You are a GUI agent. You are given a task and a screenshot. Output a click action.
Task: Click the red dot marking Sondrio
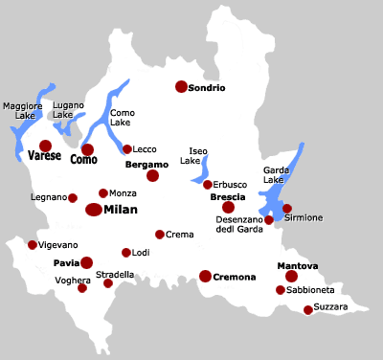click(x=181, y=87)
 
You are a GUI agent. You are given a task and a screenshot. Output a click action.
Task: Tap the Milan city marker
click(x=94, y=210)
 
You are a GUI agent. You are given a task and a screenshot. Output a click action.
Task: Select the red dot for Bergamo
click(x=152, y=176)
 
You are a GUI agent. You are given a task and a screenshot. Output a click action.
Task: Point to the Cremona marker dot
click(x=205, y=276)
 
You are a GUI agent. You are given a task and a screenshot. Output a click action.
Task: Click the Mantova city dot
click(x=291, y=276)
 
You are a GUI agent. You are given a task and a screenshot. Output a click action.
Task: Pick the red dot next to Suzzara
click(x=308, y=309)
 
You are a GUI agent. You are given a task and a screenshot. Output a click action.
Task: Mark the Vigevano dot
click(x=33, y=245)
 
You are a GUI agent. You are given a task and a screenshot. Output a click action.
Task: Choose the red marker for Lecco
click(x=127, y=149)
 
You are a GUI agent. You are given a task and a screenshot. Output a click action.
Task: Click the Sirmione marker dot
click(x=286, y=208)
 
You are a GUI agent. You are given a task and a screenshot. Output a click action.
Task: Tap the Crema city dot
click(x=160, y=234)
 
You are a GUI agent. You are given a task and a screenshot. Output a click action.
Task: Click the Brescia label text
click(x=228, y=196)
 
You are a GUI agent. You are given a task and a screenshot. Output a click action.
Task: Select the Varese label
click(x=45, y=155)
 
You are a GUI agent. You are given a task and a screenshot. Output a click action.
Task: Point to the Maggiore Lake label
click(x=22, y=111)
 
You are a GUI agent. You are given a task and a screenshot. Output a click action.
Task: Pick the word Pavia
click(x=65, y=261)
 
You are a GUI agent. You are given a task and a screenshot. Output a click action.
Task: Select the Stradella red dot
click(x=108, y=283)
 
